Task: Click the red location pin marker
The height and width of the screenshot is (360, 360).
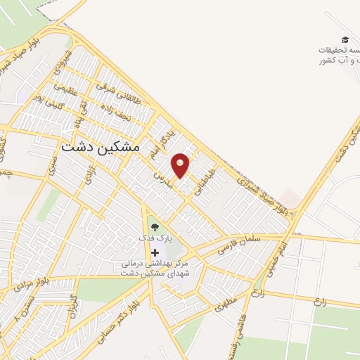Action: click(181, 165)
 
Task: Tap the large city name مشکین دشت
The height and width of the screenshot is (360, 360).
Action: click(101, 147)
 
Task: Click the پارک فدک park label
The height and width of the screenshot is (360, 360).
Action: click(155, 238)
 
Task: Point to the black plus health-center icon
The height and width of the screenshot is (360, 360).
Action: click(155, 252)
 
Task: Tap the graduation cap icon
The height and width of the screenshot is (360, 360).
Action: click(345, 39)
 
